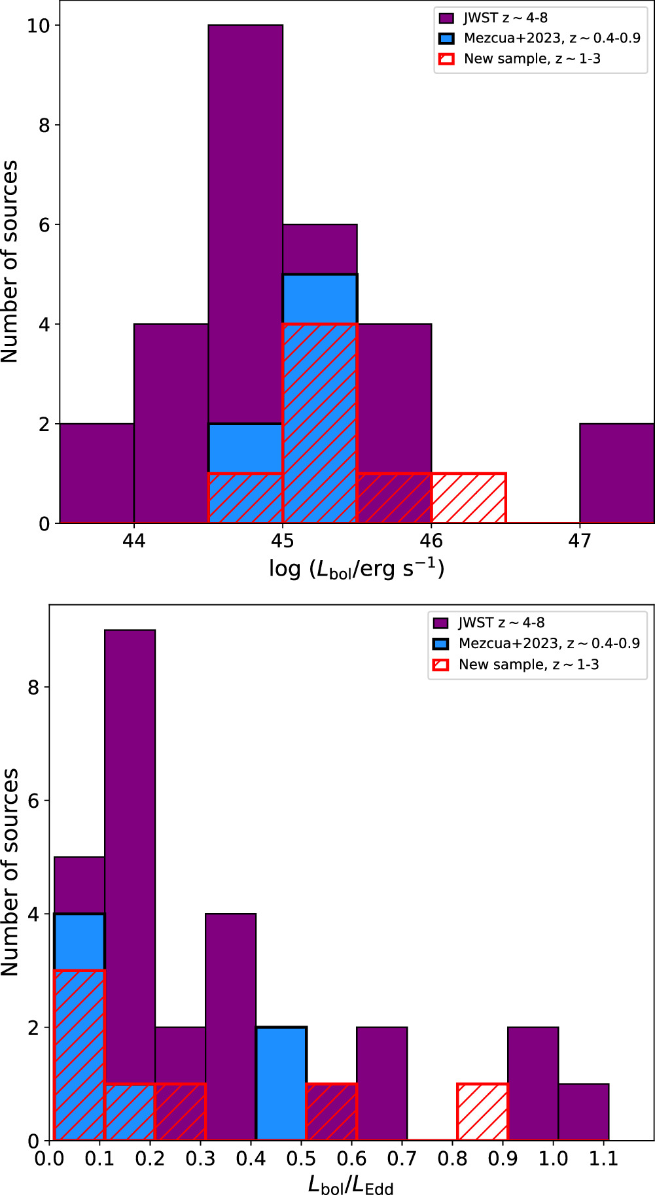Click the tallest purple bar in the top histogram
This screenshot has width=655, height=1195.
[245, 196]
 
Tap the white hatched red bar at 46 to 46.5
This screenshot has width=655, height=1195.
[469, 498]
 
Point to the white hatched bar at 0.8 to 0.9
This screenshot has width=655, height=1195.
[483, 1112]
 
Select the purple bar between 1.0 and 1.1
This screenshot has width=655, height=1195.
[584, 1112]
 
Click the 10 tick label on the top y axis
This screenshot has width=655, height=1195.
[38, 26]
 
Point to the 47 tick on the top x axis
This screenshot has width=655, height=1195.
[580, 541]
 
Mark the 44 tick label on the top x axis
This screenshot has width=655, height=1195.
[133, 541]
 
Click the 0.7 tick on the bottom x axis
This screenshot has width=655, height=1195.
[402, 1158]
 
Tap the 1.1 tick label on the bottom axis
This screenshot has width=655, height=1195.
[603, 1158]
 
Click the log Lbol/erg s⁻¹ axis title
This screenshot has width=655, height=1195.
[357, 568]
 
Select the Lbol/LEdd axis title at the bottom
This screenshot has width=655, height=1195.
[351, 1184]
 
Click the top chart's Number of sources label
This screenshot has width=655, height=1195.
[10, 262]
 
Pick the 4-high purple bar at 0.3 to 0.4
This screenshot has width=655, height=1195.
[230, 1027]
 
